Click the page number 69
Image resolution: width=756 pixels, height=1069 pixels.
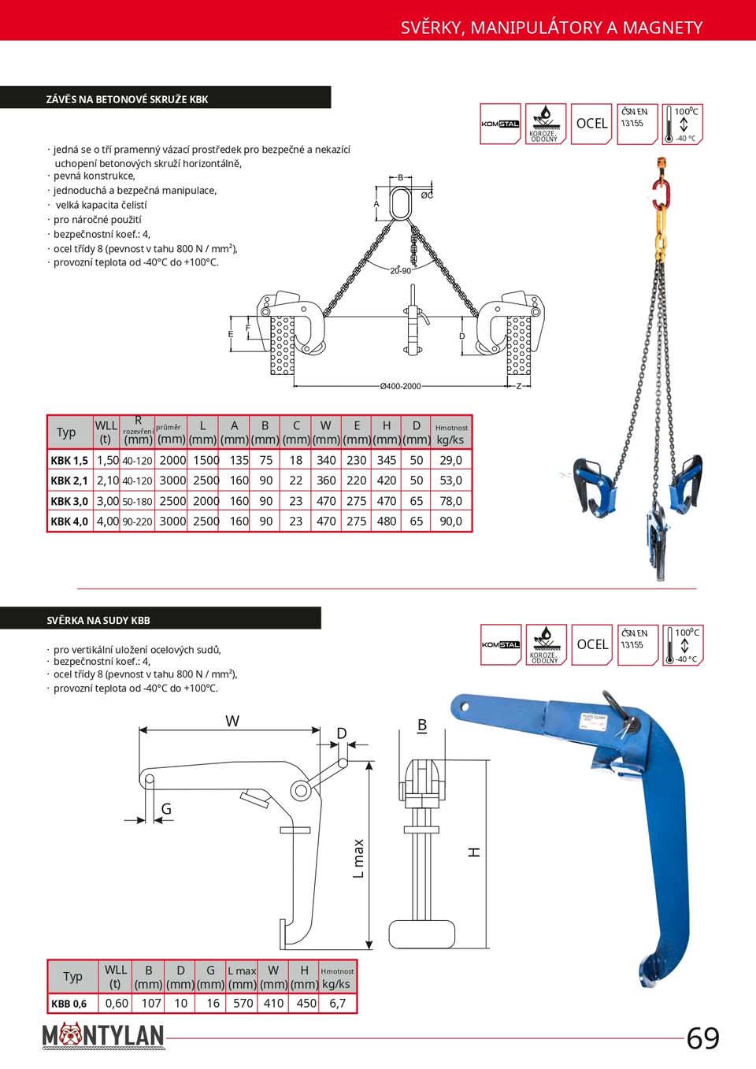[702, 1038]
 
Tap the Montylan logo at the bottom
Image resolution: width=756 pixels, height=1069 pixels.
[103, 1036]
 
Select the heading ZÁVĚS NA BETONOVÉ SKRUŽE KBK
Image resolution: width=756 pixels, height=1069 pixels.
[128, 99]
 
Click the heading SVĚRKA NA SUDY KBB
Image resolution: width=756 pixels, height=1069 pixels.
[98, 620]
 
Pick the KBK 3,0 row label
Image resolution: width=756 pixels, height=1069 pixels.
[69, 501]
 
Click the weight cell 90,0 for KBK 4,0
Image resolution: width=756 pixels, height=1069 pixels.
[450, 521]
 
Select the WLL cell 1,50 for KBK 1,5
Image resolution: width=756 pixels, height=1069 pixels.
[107, 460]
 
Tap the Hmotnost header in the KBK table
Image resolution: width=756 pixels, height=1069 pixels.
[451, 428]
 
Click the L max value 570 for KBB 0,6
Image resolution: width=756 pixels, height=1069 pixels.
[243, 1003]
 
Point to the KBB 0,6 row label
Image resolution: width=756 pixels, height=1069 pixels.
[69, 1004]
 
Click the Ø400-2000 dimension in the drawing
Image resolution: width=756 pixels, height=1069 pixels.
[401, 386]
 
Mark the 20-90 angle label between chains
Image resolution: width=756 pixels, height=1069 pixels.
[400, 270]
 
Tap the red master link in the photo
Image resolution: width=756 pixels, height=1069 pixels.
[660, 193]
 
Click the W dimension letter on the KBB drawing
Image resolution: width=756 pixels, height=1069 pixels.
[232, 721]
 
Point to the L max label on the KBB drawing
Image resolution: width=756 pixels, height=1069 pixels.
[358, 858]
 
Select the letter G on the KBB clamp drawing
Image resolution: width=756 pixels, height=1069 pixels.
[166, 809]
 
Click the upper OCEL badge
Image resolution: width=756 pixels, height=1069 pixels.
[591, 124]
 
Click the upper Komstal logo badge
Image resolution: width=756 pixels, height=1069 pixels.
[501, 124]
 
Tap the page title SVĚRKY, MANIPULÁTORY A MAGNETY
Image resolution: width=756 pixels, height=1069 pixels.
[551, 28]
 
